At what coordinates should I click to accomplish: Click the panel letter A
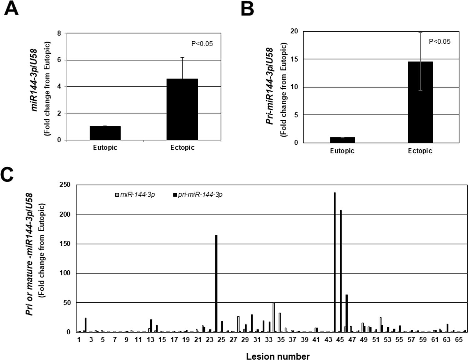(11, 8)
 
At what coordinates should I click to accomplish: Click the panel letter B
(247, 8)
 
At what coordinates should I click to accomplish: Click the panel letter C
(8, 174)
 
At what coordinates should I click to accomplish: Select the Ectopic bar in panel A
(182, 109)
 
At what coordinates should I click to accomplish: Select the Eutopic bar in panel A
(105, 133)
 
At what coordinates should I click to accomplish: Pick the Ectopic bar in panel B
(420, 102)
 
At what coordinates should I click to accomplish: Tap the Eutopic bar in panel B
(342, 140)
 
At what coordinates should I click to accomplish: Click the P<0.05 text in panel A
(202, 44)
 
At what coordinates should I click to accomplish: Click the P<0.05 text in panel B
(439, 42)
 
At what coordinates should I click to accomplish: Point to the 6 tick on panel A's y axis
(59, 60)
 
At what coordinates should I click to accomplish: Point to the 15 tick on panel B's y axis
(294, 59)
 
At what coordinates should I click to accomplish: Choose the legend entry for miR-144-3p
(135, 195)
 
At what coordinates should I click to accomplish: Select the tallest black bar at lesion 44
(335, 262)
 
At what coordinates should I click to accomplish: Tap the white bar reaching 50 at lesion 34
(274, 317)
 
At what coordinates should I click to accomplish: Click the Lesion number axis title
(278, 356)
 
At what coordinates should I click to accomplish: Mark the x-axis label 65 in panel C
(458, 340)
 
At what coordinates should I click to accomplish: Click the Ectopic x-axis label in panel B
(420, 151)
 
